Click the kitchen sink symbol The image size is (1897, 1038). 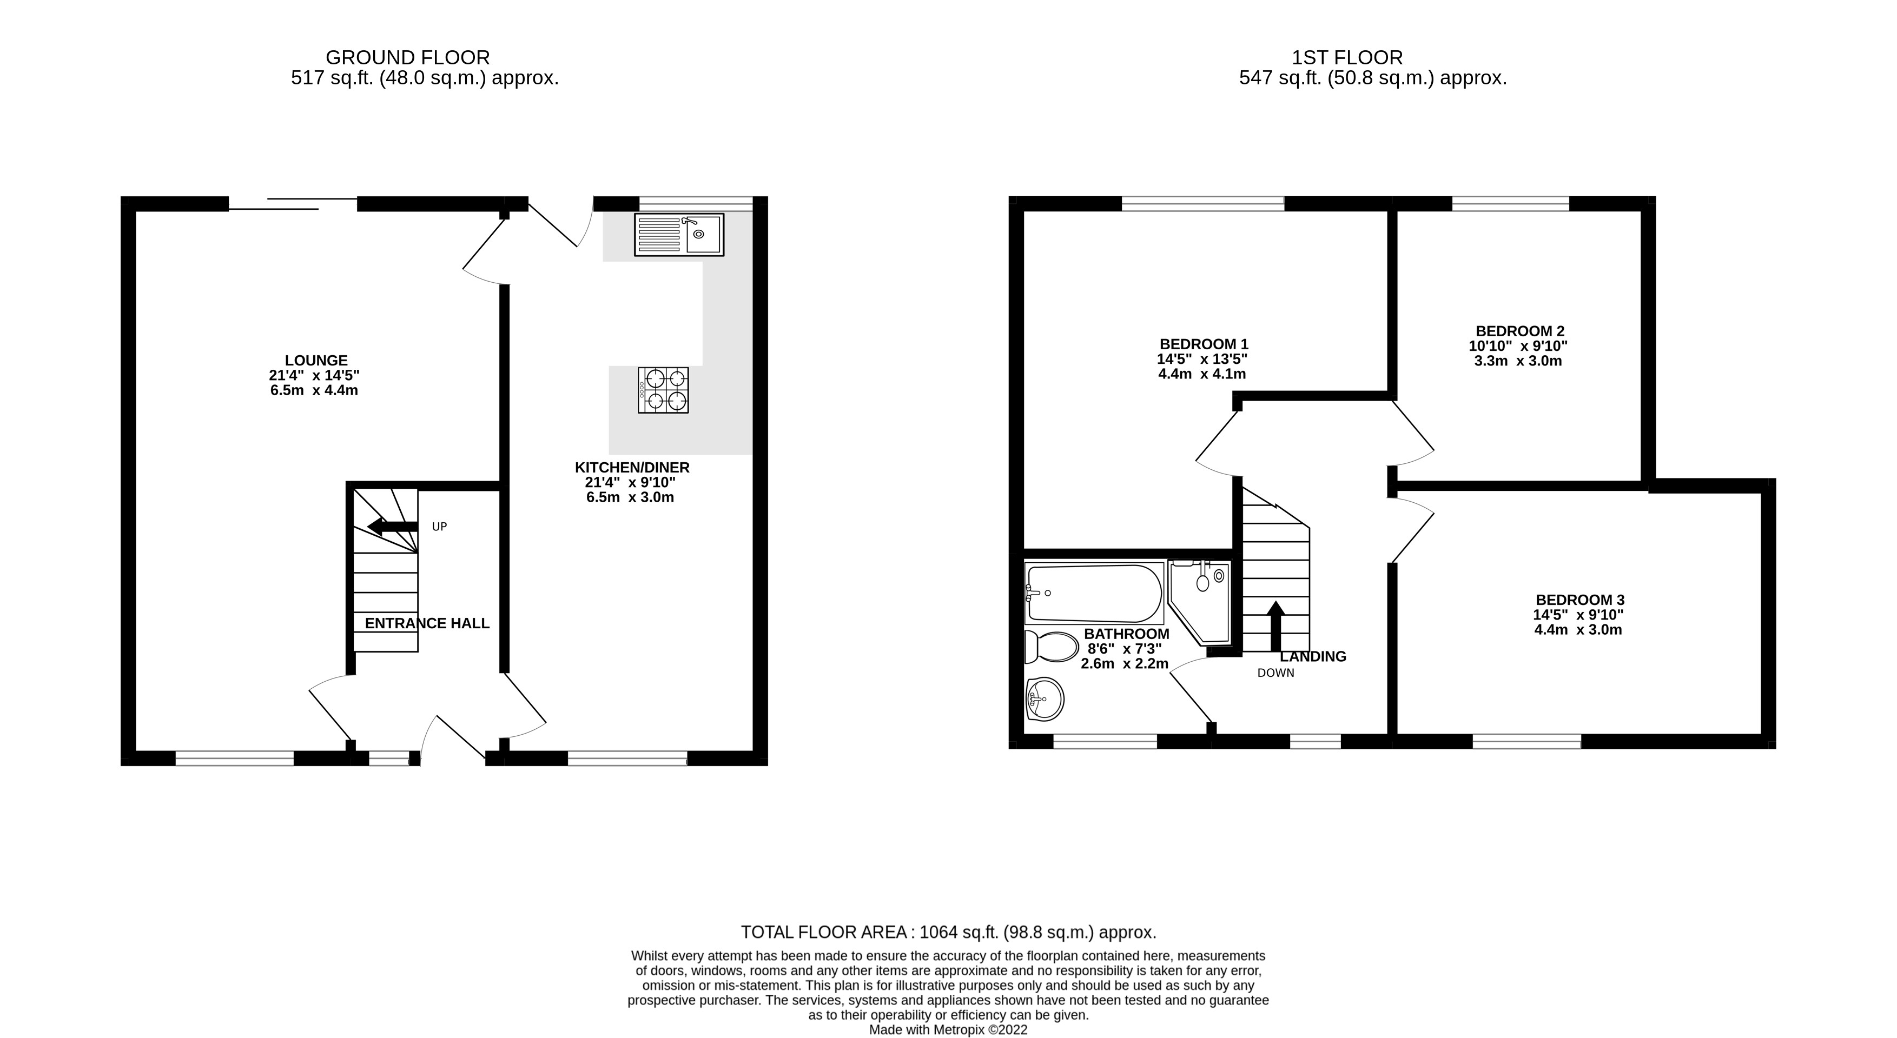(x=678, y=235)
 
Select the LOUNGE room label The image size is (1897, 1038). (x=316, y=361)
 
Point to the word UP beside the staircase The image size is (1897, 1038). (x=439, y=527)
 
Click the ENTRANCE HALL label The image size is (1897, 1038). (x=427, y=623)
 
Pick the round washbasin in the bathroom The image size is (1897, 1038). (x=1043, y=698)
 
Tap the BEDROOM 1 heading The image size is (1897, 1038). (x=1204, y=344)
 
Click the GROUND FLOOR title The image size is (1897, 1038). (x=407, y=57)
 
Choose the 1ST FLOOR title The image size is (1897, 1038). (x=1347, y=57)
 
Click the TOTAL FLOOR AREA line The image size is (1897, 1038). (x=948, y=933)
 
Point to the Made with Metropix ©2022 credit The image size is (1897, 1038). (x=948, y=1030)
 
